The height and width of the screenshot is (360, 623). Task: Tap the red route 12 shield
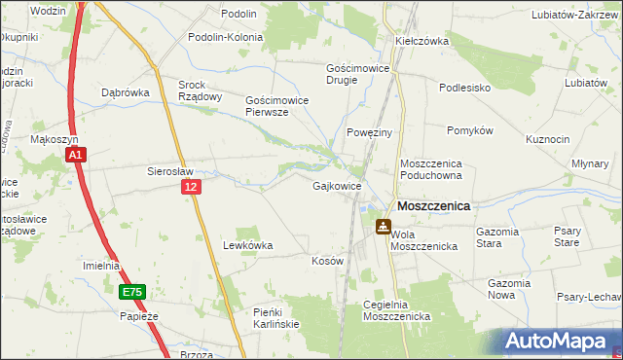coord(191,186)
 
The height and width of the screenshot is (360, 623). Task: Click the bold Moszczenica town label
coord(433,206)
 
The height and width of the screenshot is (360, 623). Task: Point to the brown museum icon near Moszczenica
coord(385,227)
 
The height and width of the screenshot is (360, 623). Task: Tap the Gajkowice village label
coord(338,185)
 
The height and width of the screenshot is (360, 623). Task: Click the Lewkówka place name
coord(248,246)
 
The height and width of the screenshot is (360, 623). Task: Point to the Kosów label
coord(327,262)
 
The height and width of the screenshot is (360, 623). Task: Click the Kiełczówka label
coord(421,42)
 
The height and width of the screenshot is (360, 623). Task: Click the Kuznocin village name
coord(548,140)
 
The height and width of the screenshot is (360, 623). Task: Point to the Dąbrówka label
coord(124,93)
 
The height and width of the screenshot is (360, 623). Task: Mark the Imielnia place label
coord(101,266)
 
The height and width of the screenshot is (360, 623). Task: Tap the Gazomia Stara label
coord(502,237)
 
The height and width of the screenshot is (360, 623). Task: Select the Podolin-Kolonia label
coord(227,37)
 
